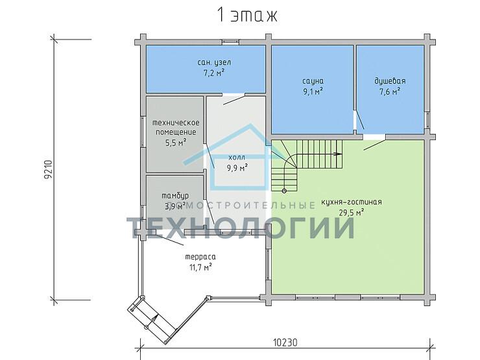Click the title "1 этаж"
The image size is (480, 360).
click(x=246, y=15)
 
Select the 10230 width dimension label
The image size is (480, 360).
click(x=285, y=342)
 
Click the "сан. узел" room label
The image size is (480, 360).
click(x=214, y=62)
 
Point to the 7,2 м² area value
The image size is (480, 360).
click(x=213, y=73)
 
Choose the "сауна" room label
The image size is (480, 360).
click(x=313, y=81)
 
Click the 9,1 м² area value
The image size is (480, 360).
click(x=313, y=91)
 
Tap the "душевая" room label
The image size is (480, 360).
click(x=390, y=81)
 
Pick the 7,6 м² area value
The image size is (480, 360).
click(x=390, y=91)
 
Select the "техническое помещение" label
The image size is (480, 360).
click(x=176, y=127)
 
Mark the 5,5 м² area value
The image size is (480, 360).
click(x=176, y=142)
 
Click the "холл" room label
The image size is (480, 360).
click(x=237, y=158)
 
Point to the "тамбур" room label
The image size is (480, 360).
click(x=175, y=196)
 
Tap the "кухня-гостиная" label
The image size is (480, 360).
click(x=352, y=202)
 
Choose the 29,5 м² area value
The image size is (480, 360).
click(x=352, y=213)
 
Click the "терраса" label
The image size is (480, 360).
click(x=200, y=257)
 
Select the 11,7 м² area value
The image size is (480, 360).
click(x=201, y=267)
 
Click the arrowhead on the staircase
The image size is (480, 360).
click(x=339, y=154)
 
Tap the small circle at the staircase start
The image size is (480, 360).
click(x=284, y=191)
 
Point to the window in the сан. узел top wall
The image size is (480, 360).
click(x=231, y=42)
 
